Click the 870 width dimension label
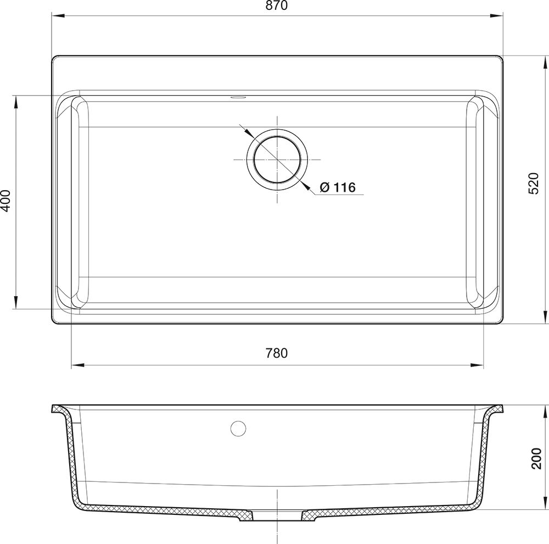pyautogui.click(x=276, y=5)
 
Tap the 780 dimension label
pyautogui.click(x=276, y=353)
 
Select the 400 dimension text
pyautogui.click(x=6, y=201)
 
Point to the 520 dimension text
pyautogui.click(x=533, y=184)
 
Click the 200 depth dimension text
pyautogui.click(x=536, y=458)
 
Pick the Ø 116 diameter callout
pyautogui.click(x=338, y=187)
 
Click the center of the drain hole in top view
pyautogui.click(x=277, y=159)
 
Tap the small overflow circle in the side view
pyautogui.click(x=238, y=428)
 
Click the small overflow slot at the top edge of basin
pyautogui.click(x=238, y=96)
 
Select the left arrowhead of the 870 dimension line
pyautogui.click(x=58, y=15)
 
